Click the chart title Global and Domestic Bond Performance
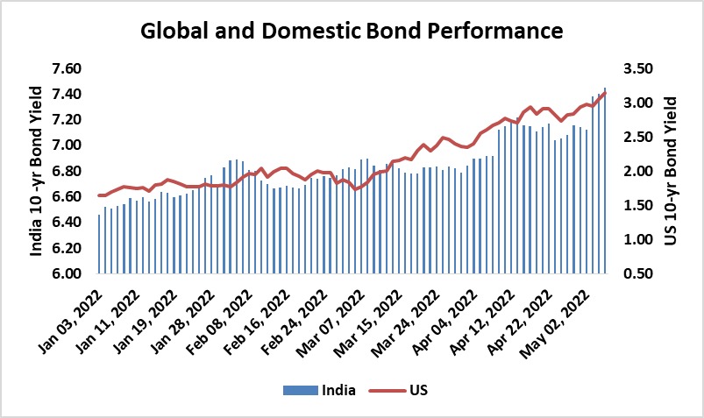coord(352,32)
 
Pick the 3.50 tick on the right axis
coord(638,68)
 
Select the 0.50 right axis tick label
coord(638,273)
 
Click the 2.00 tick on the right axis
coord(638,171)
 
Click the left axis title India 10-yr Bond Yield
coord(37,171)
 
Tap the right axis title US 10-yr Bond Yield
coord(671,171)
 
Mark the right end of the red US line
coord(605,92)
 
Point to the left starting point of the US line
coord(99,195)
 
